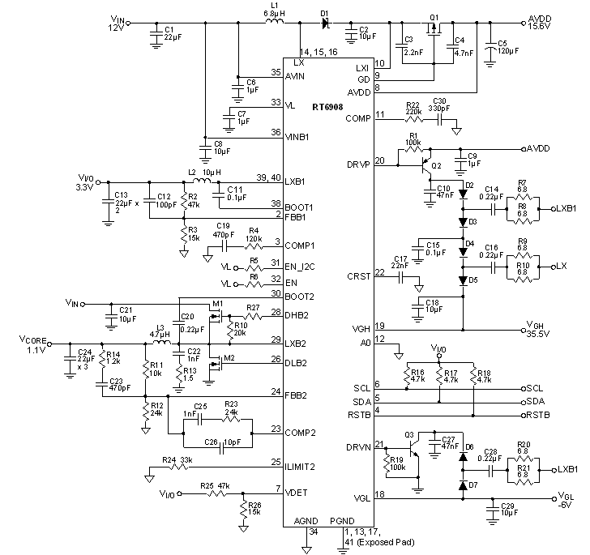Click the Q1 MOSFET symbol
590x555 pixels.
pyautogui.click(x=435, y=31)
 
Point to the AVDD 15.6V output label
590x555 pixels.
pyautogui.click(x=547, y=22)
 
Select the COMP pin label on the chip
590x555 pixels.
pyautogui.click(x=357, y=118)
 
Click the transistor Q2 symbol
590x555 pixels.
pyautogui.click(x=427, y=168)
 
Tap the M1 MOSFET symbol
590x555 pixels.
pyautogui.click(x=216, y=316)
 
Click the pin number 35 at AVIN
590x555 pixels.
pyautogui.click(x=276, y=72)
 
